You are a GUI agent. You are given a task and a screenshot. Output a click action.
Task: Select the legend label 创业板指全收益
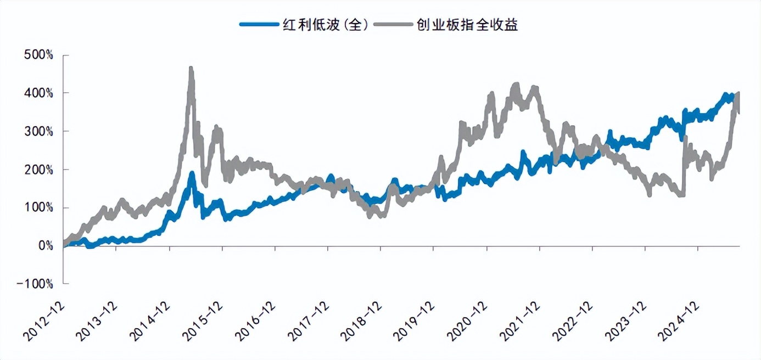coord(467,24)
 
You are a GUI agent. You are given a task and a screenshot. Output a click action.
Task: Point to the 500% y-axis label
coord(38,55)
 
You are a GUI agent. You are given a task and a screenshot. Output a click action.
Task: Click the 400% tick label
coord(38,93)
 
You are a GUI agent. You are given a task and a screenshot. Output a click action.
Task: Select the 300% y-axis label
coord(38,132)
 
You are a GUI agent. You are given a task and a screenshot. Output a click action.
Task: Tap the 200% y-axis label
coord(38,170)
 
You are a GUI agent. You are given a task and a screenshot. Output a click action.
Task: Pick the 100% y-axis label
coord(38,208)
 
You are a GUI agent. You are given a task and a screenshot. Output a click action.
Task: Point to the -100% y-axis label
coord(35,284)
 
